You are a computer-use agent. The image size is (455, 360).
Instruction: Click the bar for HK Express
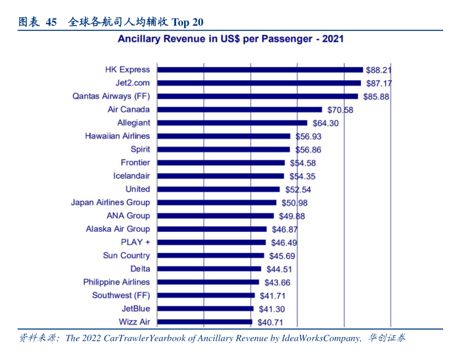coord(260,70)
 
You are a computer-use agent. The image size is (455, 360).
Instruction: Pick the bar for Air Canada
coord(239,110)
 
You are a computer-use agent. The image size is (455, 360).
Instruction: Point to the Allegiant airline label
coord(133,123)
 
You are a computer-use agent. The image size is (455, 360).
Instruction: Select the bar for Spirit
coord(224,149)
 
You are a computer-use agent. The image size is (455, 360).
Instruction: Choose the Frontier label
coord(135,162)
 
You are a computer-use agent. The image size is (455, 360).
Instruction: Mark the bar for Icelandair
coord(221,176)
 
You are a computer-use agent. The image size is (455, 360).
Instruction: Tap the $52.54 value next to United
coord(298,189)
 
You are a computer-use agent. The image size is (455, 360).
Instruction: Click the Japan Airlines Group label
coord(110,202)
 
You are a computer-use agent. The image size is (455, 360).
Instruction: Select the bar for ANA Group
coord(216,215)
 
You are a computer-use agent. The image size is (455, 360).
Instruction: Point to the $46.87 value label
coord(284,229)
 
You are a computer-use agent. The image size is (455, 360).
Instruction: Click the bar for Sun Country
coord(211,256)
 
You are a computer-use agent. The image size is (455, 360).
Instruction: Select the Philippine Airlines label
coord(116,282)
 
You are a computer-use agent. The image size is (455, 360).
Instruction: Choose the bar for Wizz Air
coord(204,322)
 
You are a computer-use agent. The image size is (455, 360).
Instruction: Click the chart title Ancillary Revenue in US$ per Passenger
coord(230,39)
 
